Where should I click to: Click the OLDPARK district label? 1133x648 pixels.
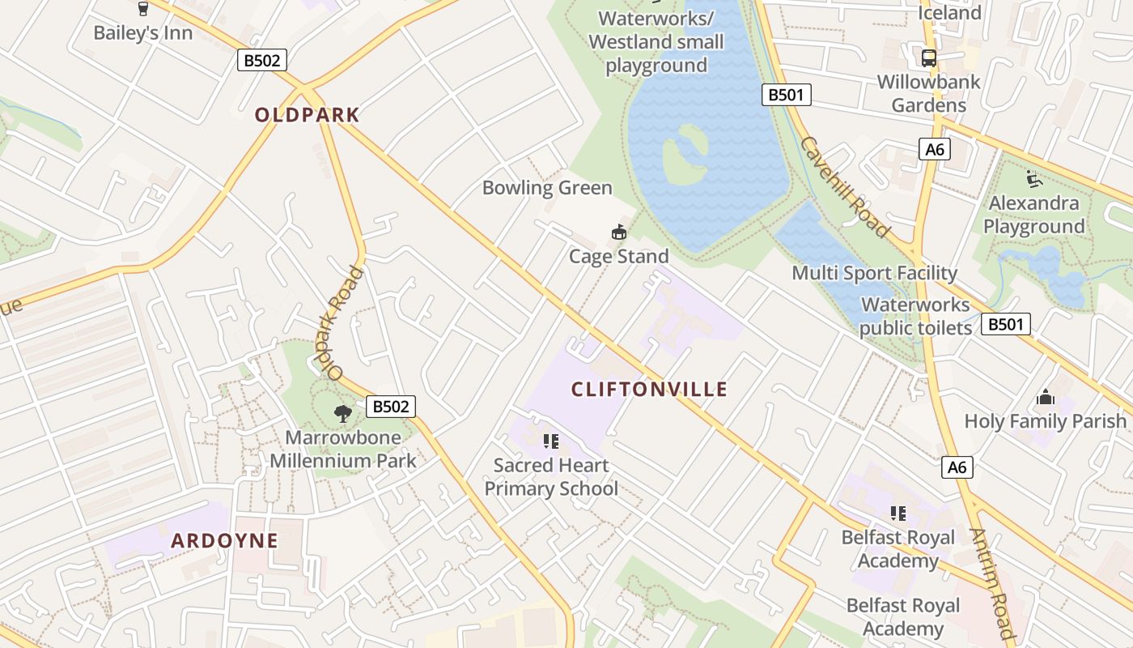[307, 115]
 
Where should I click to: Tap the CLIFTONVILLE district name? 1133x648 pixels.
[649, 390]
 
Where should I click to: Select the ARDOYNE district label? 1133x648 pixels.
[224, 541]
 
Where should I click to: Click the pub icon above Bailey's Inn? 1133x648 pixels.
[143, 9]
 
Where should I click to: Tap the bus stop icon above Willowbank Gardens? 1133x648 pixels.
[928, 58]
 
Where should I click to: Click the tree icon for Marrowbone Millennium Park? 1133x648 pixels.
[343, 414]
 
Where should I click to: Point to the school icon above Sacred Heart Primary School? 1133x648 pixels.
[551, 441]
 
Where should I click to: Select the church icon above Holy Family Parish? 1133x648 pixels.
[1045, 398]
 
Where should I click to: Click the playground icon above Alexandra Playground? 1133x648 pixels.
[1033, 178]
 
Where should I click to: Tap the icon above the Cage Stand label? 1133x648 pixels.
[619, 232]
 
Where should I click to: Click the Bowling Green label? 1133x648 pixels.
[547, 188]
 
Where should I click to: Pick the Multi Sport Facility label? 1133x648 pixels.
[874, 273]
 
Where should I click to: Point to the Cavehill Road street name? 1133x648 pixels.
[845, 187]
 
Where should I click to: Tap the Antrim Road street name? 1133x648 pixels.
[991, 583]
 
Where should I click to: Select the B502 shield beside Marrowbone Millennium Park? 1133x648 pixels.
[391, 406]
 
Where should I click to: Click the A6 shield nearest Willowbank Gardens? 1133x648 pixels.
[935, 149]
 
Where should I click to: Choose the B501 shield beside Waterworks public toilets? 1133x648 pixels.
[1006, 325]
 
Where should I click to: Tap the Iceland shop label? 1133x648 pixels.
[949, 13]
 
